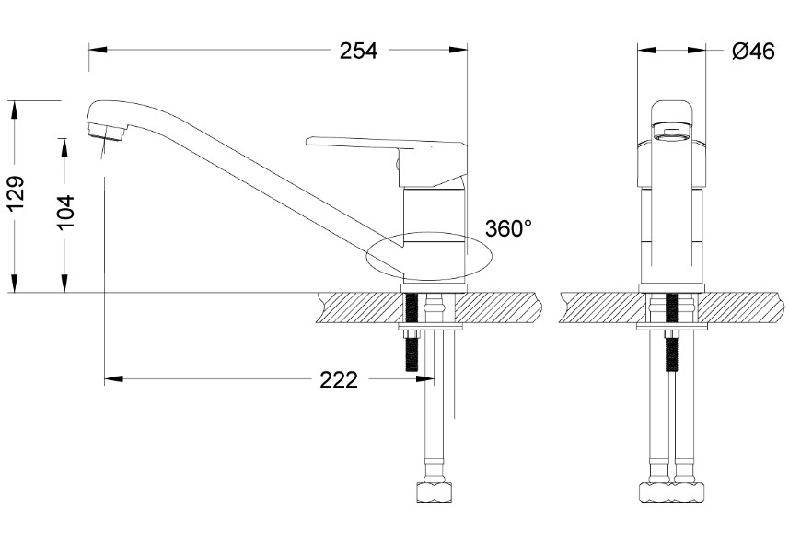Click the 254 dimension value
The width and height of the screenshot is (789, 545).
click(358, 51)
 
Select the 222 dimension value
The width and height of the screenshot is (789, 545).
click(339, 379)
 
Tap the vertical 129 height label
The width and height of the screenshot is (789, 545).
click(16, 194)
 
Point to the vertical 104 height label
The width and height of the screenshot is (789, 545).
click(65, 213)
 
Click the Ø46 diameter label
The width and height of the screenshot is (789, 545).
click(753, 51)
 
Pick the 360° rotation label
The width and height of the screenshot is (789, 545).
click(508, 228)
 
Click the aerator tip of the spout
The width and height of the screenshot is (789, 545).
click(106, 133)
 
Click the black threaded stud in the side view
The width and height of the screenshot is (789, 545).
click(412, 332)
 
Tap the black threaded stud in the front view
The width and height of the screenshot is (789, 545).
click(671, 332)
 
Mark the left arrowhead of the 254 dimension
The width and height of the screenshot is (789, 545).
click(99, 50)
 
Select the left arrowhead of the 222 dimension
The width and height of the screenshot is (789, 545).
click(114, 378)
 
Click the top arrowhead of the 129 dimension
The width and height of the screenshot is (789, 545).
click(15, 110)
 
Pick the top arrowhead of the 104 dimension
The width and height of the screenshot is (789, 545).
click(64, 148)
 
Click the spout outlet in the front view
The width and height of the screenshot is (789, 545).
click(672, 134)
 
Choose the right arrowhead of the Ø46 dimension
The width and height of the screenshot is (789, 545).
click(696, 50)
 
